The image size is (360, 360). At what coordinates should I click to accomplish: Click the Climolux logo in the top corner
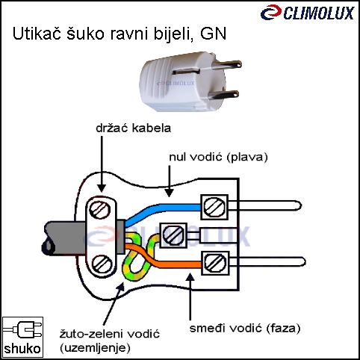(x=307, y=13)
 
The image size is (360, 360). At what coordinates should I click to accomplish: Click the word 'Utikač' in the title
(x=37, y=34)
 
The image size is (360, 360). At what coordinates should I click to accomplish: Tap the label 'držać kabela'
(x=134, y=128)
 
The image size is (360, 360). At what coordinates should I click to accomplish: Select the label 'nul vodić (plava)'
(x=218, y=157)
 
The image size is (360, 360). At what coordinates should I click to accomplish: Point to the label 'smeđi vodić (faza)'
(x=245, y=328)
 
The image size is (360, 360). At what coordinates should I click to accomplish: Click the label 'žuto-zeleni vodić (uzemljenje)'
(x=110, y=341)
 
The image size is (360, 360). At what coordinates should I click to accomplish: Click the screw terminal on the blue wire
(x=214, y=207)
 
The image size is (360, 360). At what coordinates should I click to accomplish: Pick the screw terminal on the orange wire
(x=215, y=263)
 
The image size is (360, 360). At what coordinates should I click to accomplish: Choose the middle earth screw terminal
(x=173, y=235)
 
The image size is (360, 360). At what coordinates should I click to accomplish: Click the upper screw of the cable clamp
(x=100, y=210)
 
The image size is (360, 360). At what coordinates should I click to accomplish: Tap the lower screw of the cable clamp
(x=102, y=264)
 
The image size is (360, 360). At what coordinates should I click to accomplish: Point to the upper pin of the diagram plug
(x=264, y=205)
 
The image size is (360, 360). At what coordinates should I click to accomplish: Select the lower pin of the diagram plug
(x=267, y=262)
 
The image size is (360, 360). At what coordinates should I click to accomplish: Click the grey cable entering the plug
(x=65, y=238)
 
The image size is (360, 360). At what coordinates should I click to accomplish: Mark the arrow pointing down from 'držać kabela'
(x=102, y=164)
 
